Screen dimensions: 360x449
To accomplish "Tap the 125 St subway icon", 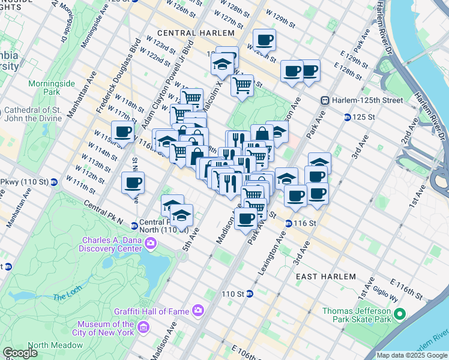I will [x=347, y=116].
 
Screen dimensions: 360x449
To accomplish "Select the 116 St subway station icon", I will [x=288, y=223].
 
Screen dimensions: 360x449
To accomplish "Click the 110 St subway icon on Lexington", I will [x=250, y=294].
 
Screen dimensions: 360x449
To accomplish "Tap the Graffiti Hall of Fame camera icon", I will [x=197, y=310].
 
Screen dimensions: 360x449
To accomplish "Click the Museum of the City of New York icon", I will [x=143, y=327].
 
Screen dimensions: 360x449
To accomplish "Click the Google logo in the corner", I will [x=20, y=352].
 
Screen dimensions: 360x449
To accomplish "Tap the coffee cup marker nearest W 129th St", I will [x=264, y=41].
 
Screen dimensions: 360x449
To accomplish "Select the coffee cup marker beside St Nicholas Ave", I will [x=133, y=182].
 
